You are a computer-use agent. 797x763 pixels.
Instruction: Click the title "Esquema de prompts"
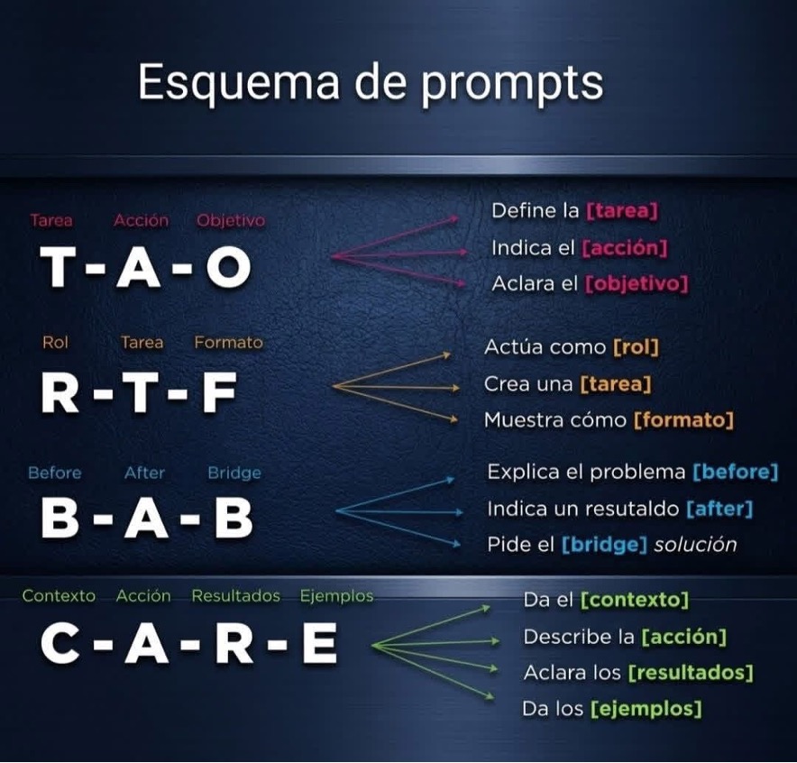[x=371, y=84]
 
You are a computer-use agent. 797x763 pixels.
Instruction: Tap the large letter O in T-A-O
[x=229, y=266]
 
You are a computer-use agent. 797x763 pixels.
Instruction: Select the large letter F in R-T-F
[x=220, y=391]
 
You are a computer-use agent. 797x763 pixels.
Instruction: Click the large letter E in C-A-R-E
[x=320, y=643]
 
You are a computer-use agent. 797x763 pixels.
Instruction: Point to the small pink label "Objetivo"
[x=231, y=221]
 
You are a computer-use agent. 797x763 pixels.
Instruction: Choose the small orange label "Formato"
[x=228, y=343]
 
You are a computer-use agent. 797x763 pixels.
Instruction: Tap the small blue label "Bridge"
[x=234, y=473]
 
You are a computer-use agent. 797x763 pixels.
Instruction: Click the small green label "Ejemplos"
[x=336, y=596]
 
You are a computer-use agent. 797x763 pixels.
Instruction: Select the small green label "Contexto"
[x=59, y=596]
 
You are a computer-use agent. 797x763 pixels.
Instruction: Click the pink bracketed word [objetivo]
[x=637, y=284]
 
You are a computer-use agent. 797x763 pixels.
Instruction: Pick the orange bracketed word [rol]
[x=636, y=347]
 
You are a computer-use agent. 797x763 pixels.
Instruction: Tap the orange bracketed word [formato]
[x=683, y=420]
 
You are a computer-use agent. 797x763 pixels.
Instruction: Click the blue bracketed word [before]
[x=736, y=472]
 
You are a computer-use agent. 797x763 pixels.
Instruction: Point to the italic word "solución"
[x=695, y=545]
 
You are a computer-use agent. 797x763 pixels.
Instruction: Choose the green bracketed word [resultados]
[x=691, y=673]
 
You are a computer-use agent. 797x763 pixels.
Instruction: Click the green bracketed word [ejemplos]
[x=646, y=709]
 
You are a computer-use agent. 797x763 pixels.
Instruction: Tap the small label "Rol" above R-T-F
[x=55, y=343]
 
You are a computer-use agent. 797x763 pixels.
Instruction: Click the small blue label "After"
[x=144, y=473]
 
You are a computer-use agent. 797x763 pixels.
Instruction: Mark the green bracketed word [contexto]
[x=635, y=600]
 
